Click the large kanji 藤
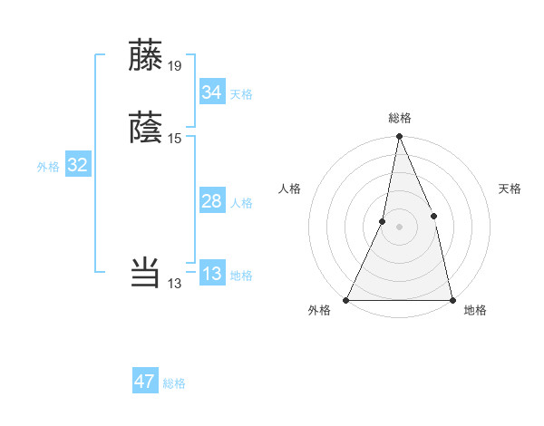click(x=146, y=55)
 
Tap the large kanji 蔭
click(x=146, y=128)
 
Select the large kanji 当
click(x=146, y=272)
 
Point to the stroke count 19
click(x=175, y=65)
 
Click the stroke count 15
click(x=175, y=138)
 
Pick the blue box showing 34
click(x=211, y=92)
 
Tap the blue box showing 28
click(x=211, y=201)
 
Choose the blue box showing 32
click(x=77, y=165)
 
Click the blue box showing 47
click(x=145, y=382)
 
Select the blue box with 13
click(x=211, y=274)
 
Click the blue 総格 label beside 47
click(x=174, y=383)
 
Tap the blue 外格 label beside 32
click(x=48, y=167)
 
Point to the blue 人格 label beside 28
click(x=241, y=203)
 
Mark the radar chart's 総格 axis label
click(x=399, y=118)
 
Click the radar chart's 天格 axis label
click(x=510, y=189)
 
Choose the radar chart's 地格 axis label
click(x=475, y=311)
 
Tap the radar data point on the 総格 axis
click(x=399, y=137)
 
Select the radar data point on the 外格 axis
click(x=346, y=299)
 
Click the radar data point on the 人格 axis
click(x=383, y=221)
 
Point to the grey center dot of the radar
click(x=399, y=227)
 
